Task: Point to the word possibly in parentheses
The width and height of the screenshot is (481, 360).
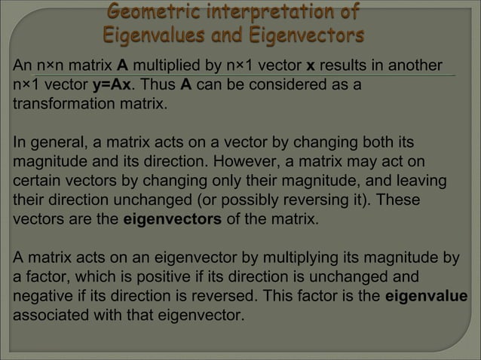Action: click(268, 201)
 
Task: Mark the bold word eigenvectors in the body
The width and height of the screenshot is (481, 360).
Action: click(172, 221)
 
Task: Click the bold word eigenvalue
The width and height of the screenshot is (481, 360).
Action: click(426, 297)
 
